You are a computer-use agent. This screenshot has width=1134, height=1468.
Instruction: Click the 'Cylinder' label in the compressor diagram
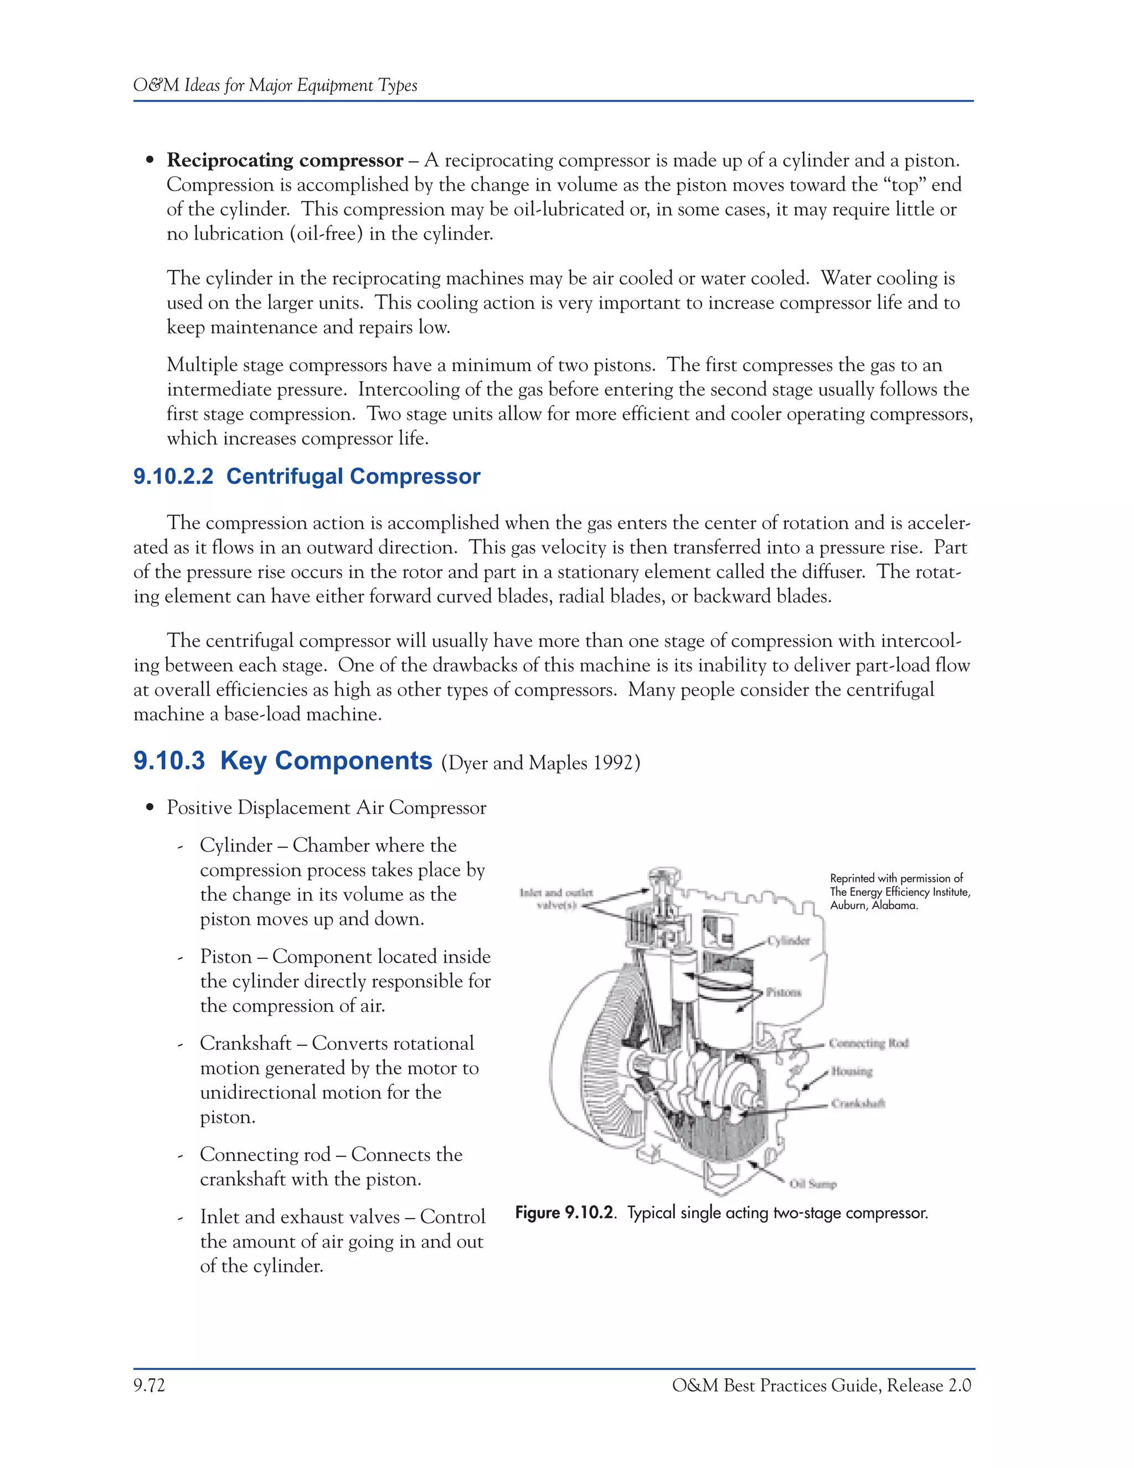coord(790,941)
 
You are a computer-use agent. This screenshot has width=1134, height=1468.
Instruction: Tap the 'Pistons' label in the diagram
coord(784,992)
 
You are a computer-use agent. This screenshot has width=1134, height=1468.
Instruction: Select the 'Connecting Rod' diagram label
coord(868,1043)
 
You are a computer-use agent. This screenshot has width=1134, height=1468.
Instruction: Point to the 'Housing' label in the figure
coord(851,1071)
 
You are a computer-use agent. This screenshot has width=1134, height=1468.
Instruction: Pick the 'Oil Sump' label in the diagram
coord(813,1184)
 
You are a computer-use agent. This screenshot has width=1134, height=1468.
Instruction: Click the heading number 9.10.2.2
coord(173,476)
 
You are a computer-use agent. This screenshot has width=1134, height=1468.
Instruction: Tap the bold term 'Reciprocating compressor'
coord(285,161)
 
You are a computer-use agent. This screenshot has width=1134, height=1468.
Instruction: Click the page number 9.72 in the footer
coord(149,1385)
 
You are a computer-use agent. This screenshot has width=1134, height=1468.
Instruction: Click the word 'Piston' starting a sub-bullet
coord(225,957)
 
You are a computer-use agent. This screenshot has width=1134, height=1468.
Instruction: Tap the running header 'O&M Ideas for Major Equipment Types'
coord(275,85)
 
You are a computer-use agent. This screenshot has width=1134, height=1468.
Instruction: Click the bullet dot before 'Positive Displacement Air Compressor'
coord(151,808)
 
